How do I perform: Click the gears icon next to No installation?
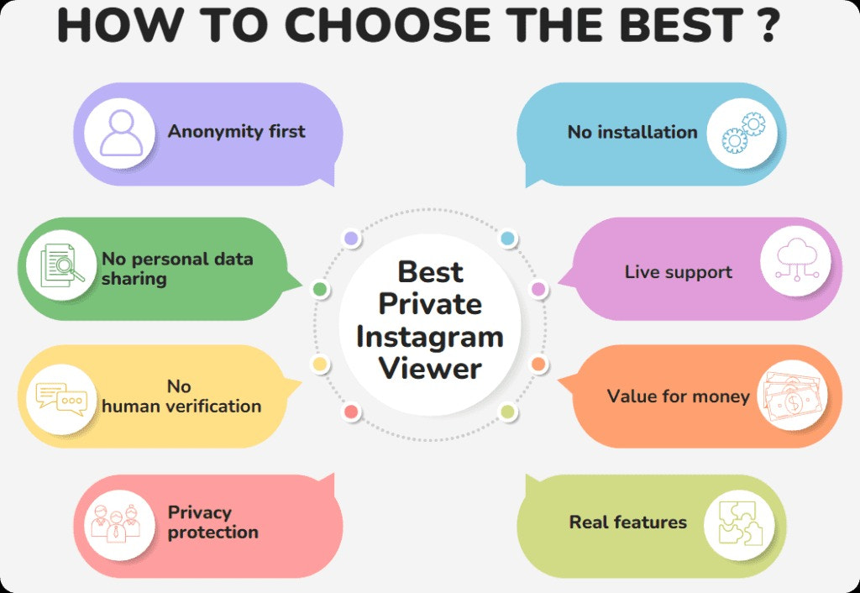click(742, 133)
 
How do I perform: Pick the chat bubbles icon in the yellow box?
click(60, 396)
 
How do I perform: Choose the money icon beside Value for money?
click(793, 396)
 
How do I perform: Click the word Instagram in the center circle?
click(429, 337)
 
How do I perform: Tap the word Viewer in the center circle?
click(429, 369)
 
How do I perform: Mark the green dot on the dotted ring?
click(320, 290)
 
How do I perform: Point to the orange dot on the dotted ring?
click(538, 365)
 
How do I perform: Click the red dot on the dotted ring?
click(351, 412)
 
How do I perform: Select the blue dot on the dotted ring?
click(507, 239)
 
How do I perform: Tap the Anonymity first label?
click(236, 132)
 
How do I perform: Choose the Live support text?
click(678, 272)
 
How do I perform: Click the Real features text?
click(627, 522)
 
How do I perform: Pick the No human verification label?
click(181, 396)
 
